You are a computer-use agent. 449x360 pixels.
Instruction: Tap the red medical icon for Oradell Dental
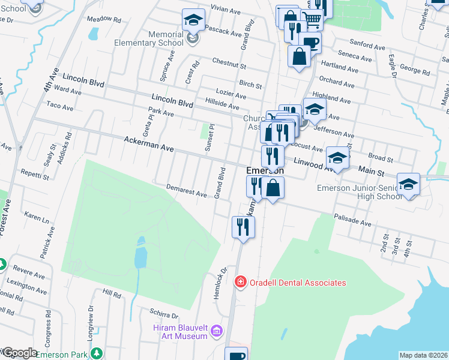241,281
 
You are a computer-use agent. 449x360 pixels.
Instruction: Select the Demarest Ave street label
187,191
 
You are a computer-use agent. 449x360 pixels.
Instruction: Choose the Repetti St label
34,175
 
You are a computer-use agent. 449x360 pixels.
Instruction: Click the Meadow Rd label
104,20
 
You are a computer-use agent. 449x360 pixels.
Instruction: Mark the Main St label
372,172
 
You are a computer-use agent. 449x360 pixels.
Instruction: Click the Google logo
19,353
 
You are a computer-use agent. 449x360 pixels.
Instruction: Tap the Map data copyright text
423,355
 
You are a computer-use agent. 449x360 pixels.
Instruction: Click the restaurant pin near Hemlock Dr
243,227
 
